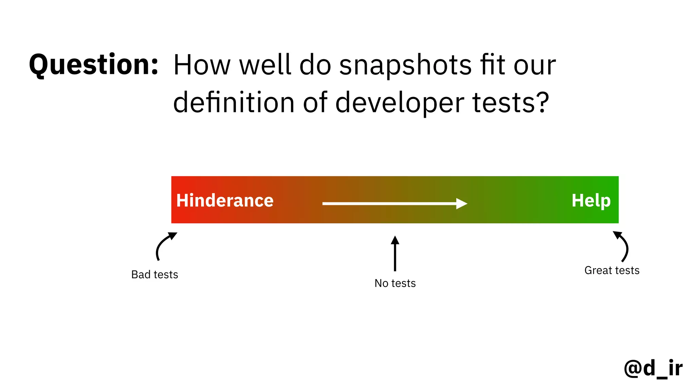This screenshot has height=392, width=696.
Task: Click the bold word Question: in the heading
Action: (x=94, y=65)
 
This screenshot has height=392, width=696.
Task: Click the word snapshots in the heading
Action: (x=405, y=65)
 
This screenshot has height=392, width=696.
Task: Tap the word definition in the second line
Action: (x=234, y=102)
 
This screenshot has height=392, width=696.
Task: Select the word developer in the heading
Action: (x=400, y=103)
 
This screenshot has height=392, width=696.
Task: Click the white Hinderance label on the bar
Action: (x=225, y=200)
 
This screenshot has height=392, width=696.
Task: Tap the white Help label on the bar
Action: (x=591, y=200)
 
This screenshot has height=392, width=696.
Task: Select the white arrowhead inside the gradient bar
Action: (x=461, y=203)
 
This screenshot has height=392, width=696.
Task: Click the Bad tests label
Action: (x=155, y=275)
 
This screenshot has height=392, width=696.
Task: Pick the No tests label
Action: (x=395, y=283)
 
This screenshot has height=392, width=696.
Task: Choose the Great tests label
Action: (x=612, y=271)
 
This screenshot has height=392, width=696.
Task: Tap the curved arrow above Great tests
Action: (x=623, y=246)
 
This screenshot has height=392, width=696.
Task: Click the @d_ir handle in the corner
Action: (x=653, y=368)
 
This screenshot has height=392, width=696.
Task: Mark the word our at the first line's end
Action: (x=534, y=65)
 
